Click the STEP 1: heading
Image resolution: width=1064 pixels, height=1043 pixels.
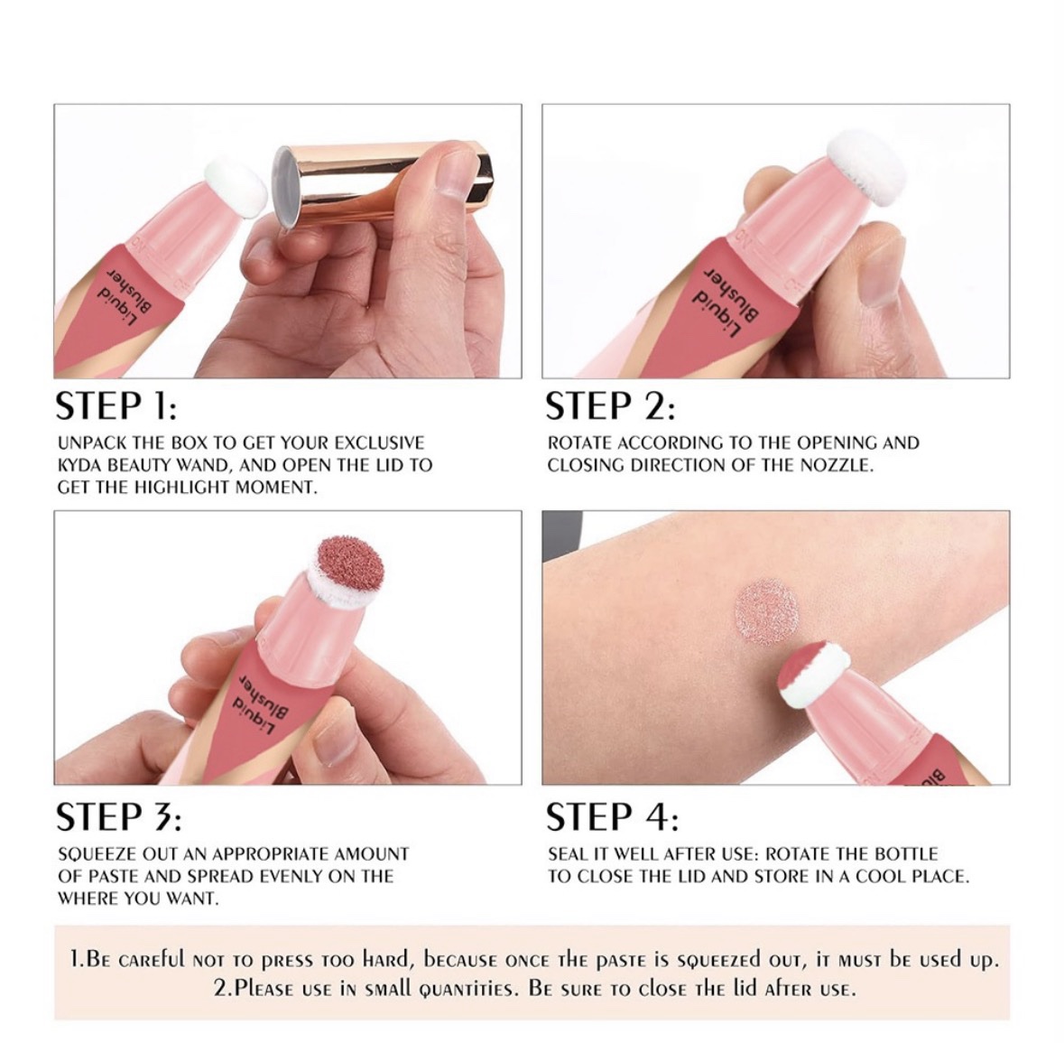click(x=116, y=406)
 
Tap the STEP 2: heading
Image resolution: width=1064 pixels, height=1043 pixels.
click(x=611, y=406)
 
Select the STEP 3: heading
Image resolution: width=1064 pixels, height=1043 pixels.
click(x=119, y=817)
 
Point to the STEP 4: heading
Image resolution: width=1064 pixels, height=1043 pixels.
click(x=612, y=816)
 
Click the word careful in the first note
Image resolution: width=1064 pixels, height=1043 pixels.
click(x=149, y=960)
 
